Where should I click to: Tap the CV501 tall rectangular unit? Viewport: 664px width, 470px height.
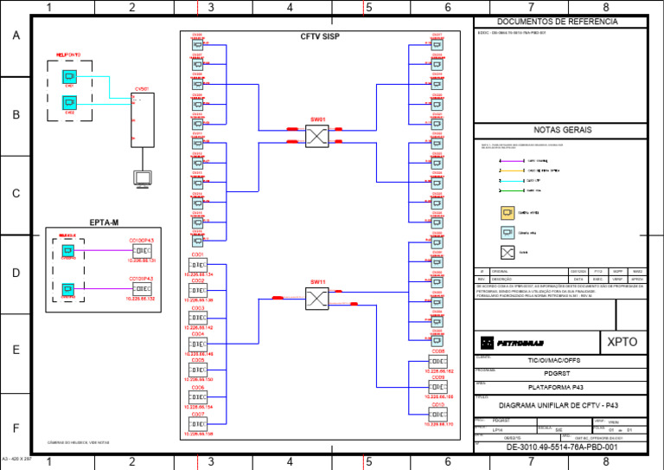143,119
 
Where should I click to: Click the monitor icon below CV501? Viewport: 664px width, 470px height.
143,178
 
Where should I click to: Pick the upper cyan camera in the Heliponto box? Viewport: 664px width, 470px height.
69,78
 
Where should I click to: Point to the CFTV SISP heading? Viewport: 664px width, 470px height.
320,37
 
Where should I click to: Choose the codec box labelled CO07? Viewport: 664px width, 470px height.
197,424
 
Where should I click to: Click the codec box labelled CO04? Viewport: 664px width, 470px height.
197,344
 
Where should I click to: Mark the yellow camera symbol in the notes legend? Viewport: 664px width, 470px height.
508,211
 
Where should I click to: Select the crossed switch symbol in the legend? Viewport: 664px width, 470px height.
508,252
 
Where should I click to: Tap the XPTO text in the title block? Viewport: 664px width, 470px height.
622,342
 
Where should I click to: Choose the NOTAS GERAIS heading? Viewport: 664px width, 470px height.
562,130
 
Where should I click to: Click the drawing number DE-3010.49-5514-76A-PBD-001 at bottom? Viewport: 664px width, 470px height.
562,447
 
